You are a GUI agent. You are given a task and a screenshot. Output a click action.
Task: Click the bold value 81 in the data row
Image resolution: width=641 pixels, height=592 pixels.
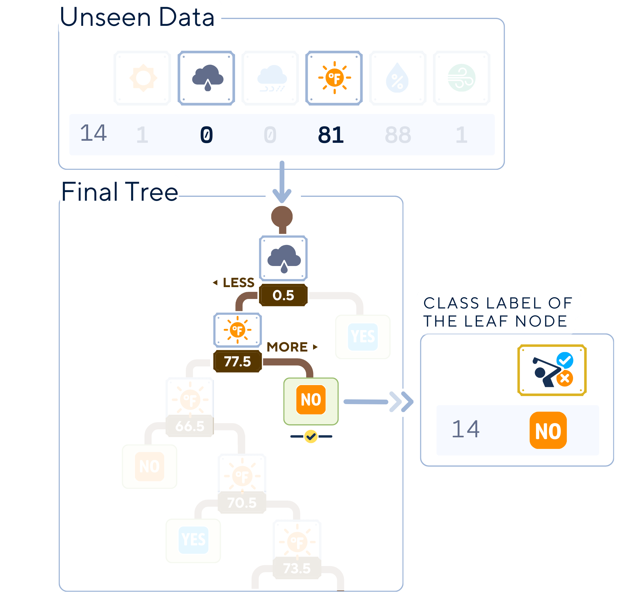tap(331, 135)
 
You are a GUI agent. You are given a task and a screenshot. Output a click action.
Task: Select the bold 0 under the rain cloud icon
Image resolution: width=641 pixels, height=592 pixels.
tap(207, 135)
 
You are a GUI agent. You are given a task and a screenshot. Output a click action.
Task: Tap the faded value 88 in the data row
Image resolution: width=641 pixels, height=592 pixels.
tap(398, 135)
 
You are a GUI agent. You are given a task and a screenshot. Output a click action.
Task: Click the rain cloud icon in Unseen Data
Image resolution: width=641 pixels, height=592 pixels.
tap(207, 78)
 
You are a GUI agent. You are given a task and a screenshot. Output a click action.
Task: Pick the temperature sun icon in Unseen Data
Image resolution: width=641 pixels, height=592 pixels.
tap(334, 78)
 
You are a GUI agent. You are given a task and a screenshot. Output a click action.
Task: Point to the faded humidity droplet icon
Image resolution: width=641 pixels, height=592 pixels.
tap(398, 78)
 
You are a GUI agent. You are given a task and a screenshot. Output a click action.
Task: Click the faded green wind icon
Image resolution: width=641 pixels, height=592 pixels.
tap(461, 78)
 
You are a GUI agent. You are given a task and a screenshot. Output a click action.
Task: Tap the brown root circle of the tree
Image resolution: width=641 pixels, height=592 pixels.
tap(282, 216)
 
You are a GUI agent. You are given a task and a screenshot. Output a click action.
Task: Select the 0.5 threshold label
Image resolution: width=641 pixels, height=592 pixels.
tap(283, 295)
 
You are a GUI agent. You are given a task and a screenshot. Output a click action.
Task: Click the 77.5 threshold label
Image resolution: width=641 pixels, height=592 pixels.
tap(238, 362)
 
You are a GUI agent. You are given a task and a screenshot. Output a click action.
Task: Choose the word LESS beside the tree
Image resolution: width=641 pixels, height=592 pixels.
tap(238, 283)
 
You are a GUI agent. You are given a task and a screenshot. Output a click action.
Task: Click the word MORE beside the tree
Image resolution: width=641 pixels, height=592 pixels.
tap(287, 347)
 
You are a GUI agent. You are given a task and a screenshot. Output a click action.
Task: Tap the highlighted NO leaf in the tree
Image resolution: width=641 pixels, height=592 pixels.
tap(311, 400)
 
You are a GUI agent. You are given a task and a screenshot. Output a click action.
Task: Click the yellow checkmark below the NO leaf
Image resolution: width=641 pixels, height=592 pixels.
tap(311, 436)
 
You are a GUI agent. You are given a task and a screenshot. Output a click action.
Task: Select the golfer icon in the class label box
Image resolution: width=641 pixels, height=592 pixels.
tap(552, 370)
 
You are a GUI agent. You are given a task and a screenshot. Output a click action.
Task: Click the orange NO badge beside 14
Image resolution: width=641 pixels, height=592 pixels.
tap(548, 430)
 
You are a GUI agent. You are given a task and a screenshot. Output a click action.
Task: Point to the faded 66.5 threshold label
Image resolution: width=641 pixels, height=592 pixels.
tap(190, 426)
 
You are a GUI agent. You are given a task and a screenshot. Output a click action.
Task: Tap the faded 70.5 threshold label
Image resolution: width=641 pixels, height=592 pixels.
tap(242, 503)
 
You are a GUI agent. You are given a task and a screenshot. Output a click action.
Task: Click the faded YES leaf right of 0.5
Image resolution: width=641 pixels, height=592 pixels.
tap(363, 337)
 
